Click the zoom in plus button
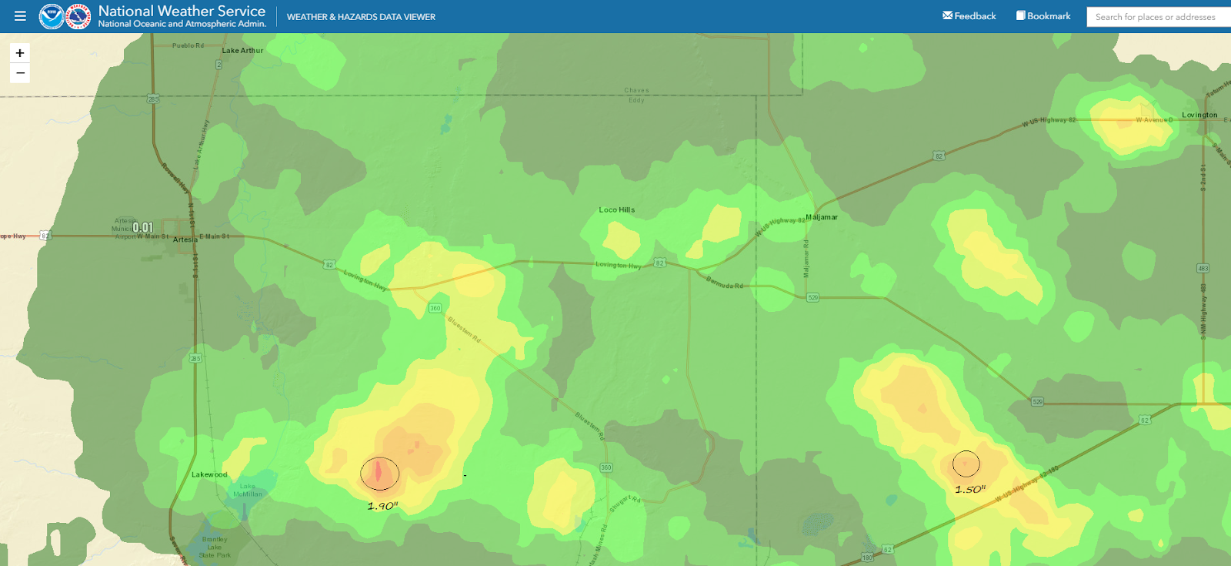pos(20,53)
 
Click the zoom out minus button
pos(20,73)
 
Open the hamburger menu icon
pos(20,16)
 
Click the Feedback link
pos(969,16)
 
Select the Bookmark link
pos(1043,16)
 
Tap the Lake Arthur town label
pos(242,51)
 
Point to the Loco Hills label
pos(617,209)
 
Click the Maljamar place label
pos(822,217)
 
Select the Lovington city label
pos(1199,115)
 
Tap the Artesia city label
pos(185,239)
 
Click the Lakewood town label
pos(209,474)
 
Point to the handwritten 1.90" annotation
pos(382,506)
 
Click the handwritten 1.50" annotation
pos(970,490)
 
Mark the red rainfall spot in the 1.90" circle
pos(379,473)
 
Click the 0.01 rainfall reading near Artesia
pos(143,228)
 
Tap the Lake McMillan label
pos(248,490)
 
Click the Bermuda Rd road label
pos(725,283)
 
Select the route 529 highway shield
pos(812,297)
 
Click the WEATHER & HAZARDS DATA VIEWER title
pos(361,17)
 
